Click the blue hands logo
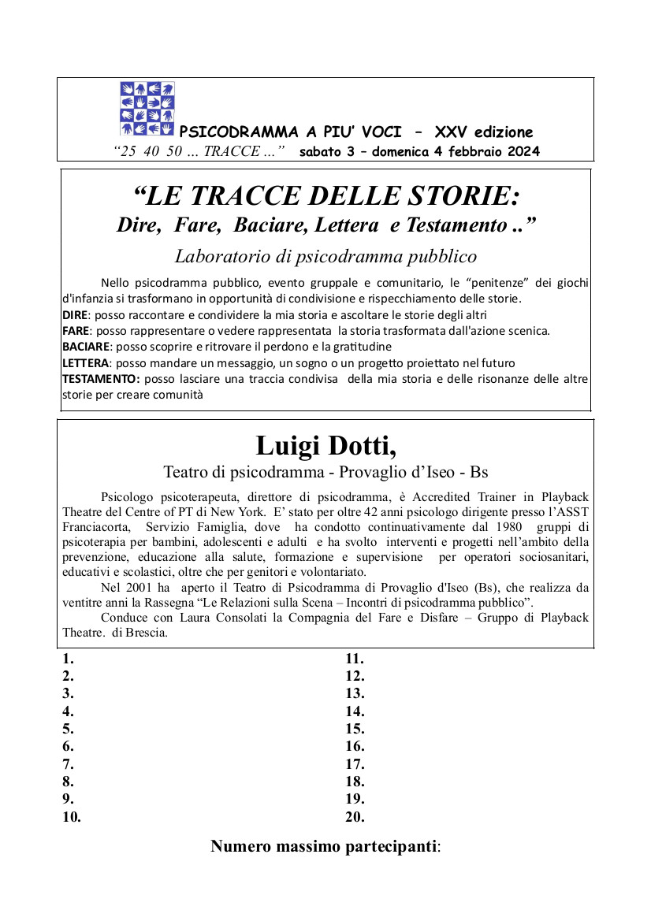pyautogui.click(x=147, y=108)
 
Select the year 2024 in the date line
pyautogui.click(x=522, y=152)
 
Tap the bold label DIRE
pyautogui.click(x=76, y=314)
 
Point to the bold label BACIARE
pyautogui.click(x=87, y=347)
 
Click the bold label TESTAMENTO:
pyautogui.click(x=101, y=379)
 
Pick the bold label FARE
pyautogui.click(x=76, y=330)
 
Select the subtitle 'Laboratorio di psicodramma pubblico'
pyautogui.click(x=325, y=256)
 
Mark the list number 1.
pyautogui.click(x=68, y=659)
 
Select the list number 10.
pyautogui.click(x=72, y=817)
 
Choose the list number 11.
pyautogui.click(x=355, y=659)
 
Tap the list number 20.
pyautogui.click(x=355, y=817)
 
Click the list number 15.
pyautogui.click(x=355, y=729)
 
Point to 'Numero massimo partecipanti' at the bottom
pyautogui.click(x=324, y=847)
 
